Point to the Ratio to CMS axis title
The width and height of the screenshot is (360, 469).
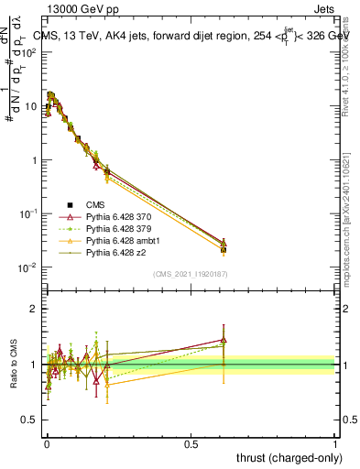point(16,364)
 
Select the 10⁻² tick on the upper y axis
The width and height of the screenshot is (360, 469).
point(29,267)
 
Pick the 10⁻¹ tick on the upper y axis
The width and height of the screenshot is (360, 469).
point(29,213)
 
